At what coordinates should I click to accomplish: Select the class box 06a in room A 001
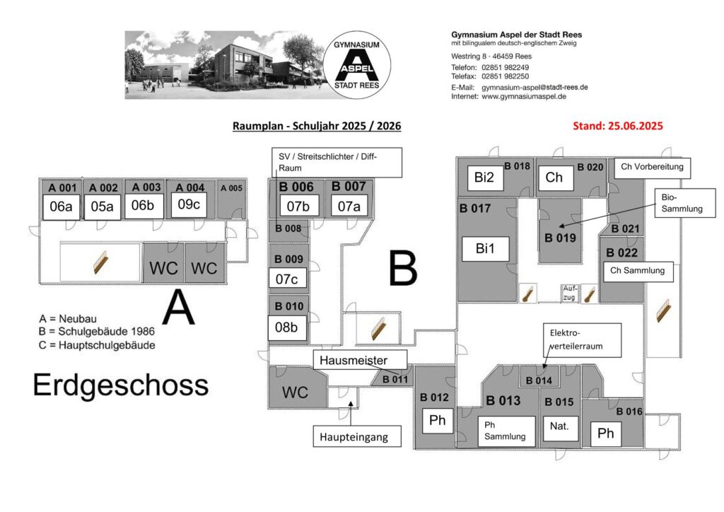tap(58, 206)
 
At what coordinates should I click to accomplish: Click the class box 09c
tap(189, 204)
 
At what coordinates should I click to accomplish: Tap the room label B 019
tap(560, 238)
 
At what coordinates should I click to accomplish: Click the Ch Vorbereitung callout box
tap(652, 168)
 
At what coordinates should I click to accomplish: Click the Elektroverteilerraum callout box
tap(581, 340)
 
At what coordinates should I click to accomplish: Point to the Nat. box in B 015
tap(559, 426)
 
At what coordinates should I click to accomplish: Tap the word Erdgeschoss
tap(121, 386)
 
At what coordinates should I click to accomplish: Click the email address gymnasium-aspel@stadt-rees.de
tap(535, 87)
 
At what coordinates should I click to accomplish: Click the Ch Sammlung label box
tap(638, 270)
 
